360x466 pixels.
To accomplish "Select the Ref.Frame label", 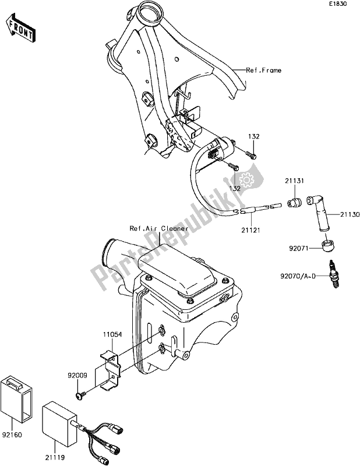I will pyautogui.click(x=263, y=70).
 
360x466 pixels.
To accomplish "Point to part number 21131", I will pyautogui.click(x=294, y=181).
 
